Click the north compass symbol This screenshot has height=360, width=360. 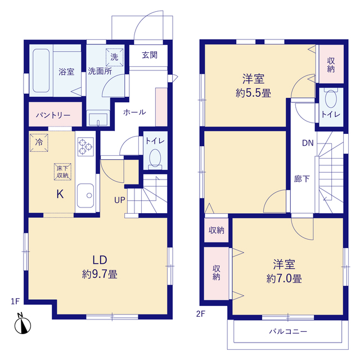22,323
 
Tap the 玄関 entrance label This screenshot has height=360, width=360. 150,55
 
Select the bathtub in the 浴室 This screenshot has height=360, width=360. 41,71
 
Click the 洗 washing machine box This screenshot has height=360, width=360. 114,57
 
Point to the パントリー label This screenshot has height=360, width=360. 53,115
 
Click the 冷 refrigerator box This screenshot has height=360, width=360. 39,142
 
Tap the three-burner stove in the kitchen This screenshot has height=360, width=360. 85,147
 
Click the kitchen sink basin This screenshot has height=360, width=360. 85,195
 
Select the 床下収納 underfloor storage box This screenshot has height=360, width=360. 62,172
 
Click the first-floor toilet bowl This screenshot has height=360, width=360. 155,159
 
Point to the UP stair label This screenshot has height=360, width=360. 120,200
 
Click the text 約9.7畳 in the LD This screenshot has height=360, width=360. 100,274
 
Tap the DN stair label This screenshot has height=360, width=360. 308,143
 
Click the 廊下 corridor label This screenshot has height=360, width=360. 302,179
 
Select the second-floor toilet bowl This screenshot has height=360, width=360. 331,99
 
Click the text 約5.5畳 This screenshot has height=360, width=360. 253,93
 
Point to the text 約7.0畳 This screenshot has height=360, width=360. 284,279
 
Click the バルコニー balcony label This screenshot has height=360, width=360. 288,331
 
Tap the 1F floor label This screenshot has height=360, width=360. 15,301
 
